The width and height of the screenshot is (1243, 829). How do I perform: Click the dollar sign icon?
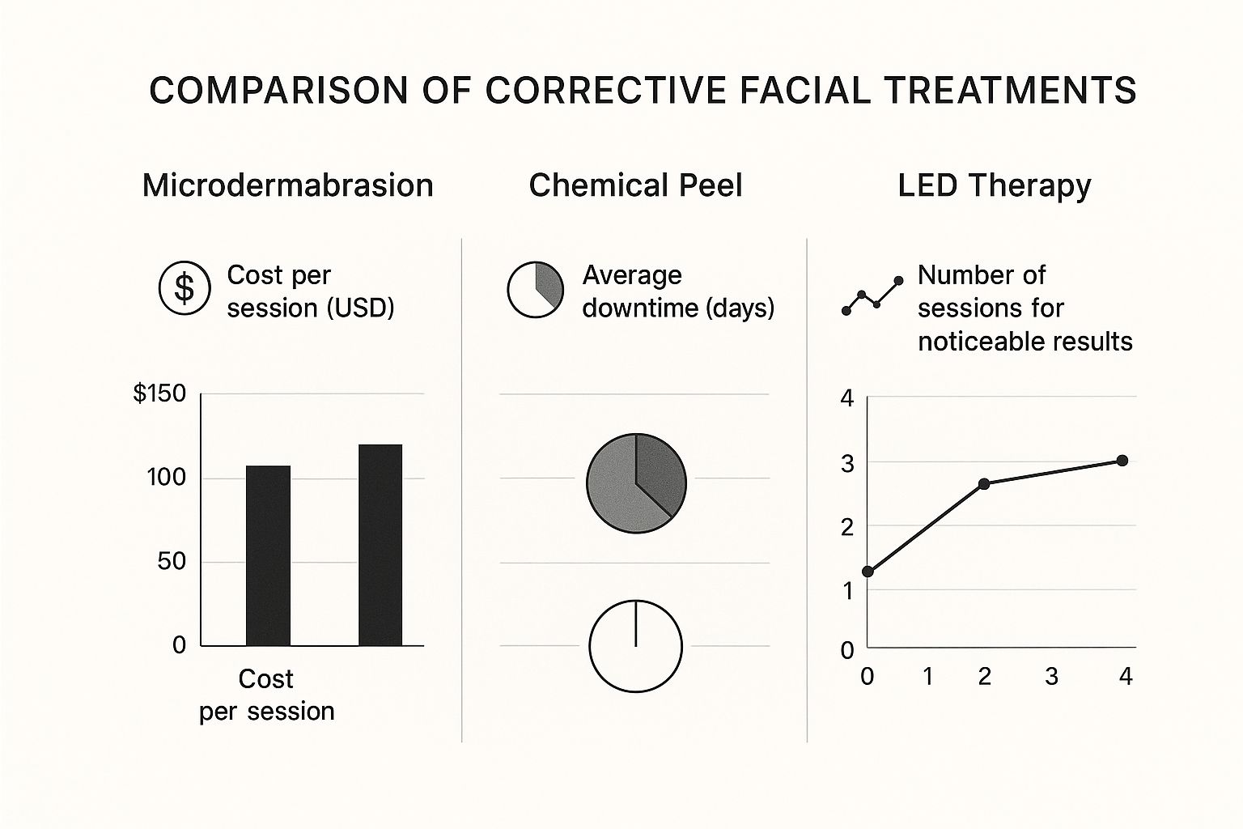coord(185,287)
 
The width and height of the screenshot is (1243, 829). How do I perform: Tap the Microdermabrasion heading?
coord(287,185)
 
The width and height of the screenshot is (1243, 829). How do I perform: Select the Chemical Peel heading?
coord(635,185)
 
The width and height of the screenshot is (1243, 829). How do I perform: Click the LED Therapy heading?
coord(994,185)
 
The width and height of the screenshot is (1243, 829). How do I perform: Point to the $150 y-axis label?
coord(159,393)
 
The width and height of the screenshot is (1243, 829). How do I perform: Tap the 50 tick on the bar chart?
coord(172,561)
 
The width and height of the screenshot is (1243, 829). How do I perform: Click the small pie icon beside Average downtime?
coord(535,289)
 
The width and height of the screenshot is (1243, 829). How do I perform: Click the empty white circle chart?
coord(635,646)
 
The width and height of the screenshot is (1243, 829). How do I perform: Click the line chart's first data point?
coord(868,572)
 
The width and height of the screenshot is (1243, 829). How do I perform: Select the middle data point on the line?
coord(984,484)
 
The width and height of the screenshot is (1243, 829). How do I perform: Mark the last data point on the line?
coord(1122,461)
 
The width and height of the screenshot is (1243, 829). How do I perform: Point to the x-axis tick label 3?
coord(1051,676)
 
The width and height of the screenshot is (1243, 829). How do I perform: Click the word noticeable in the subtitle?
coord(973,342)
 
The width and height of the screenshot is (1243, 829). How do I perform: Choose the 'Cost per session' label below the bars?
coord(266,695)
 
